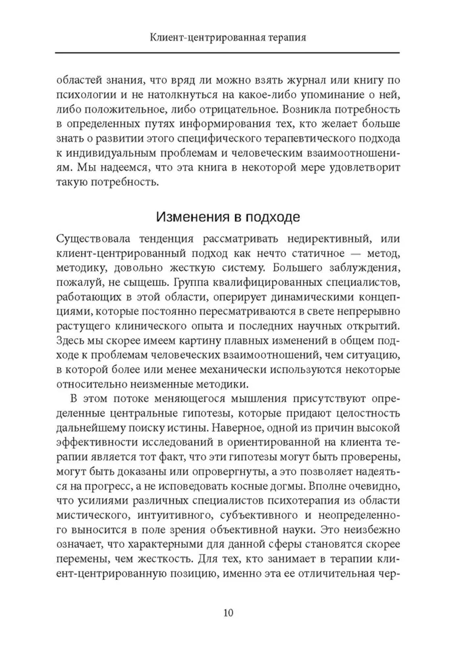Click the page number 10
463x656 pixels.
point(228,613)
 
